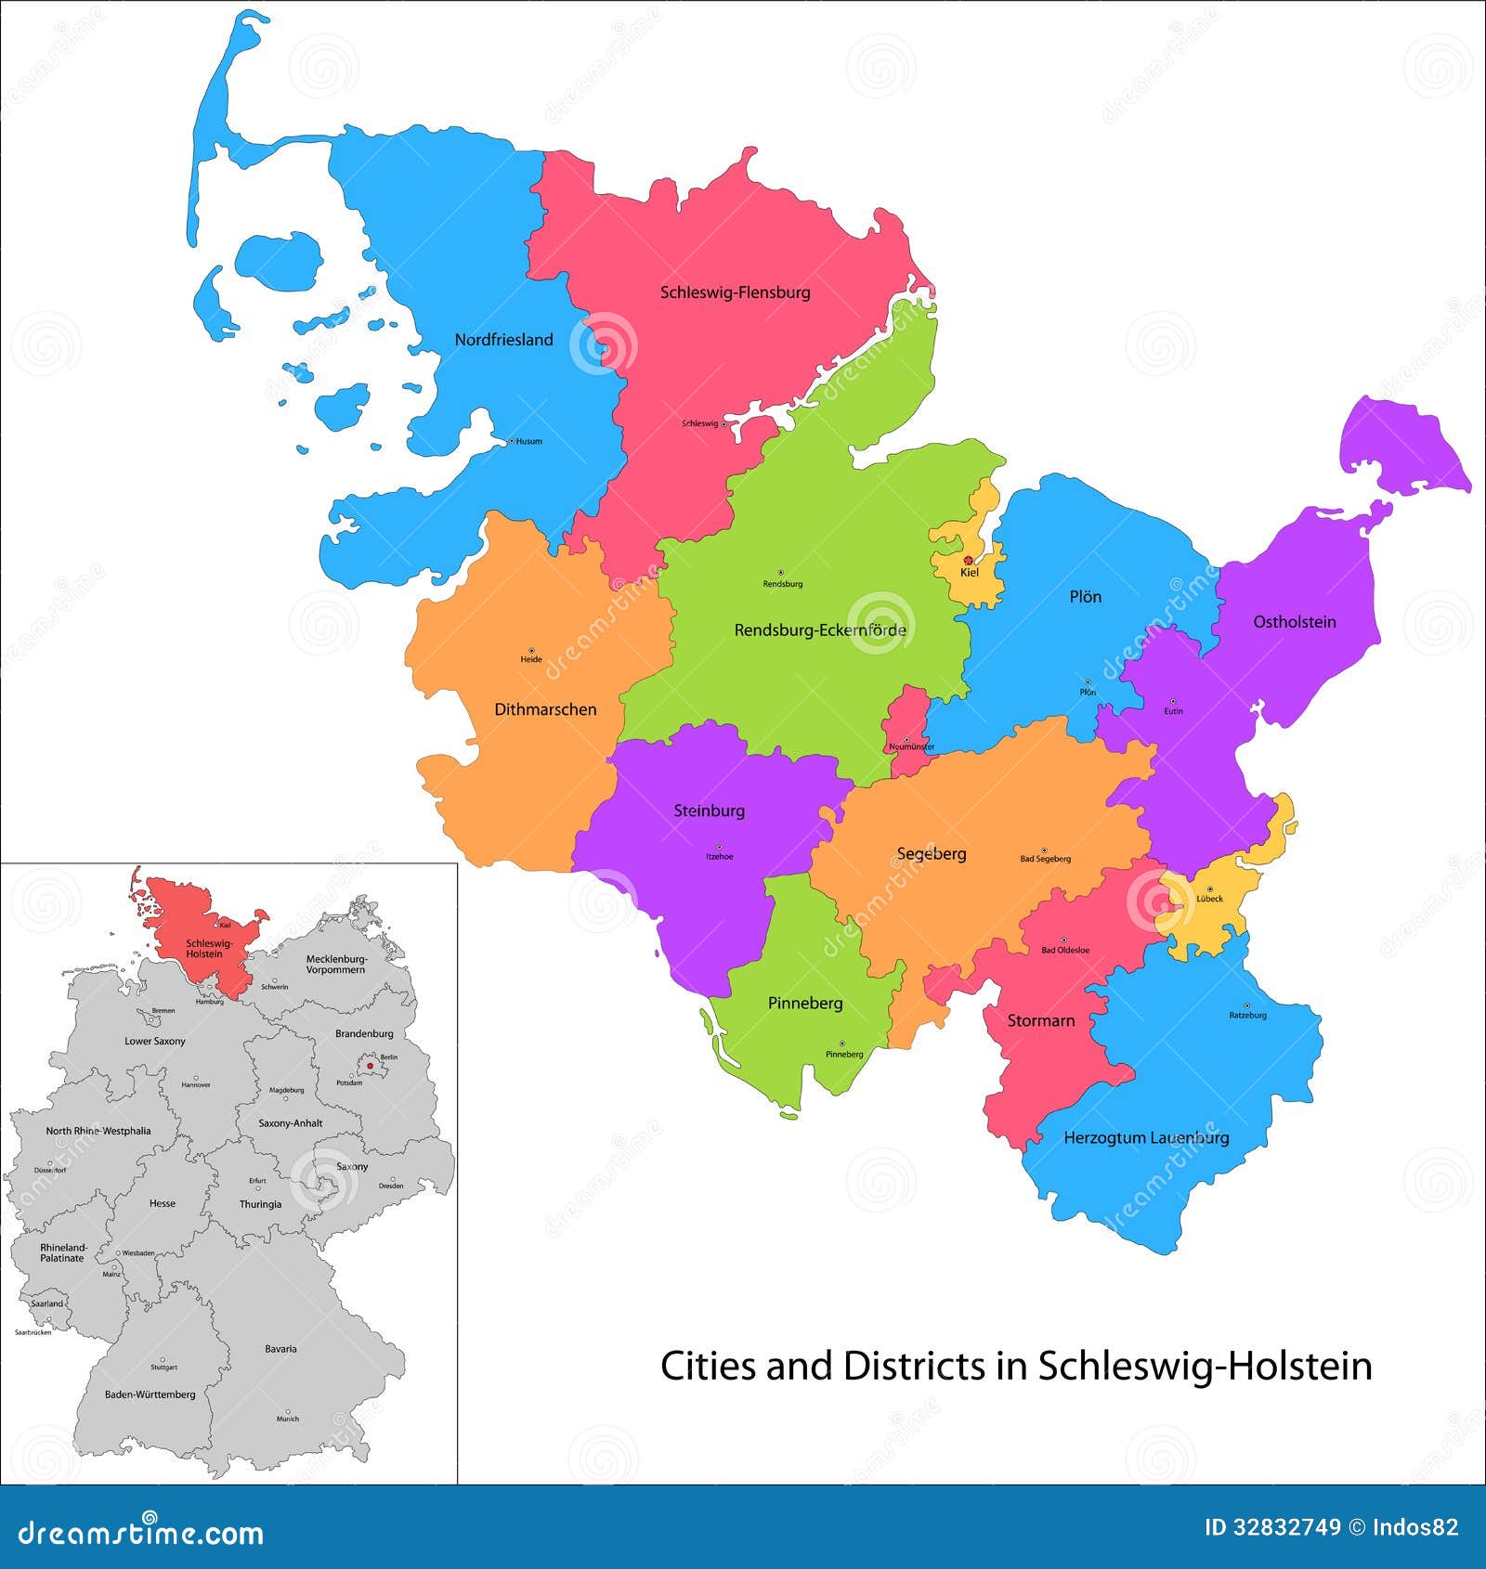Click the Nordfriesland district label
(x=503, y=340)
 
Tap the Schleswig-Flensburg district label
(x=735, y=292)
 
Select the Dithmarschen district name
(x=545, y=709)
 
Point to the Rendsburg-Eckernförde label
(x=820, y=630)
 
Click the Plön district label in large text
(x=1085, y=597)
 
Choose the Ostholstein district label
(x=1294, y=622)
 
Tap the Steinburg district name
(x=709, y=810)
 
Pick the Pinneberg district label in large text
(x=805, y=1003)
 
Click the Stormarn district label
(x=1040, y=1020)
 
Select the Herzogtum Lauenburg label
(x=1146, y=1137)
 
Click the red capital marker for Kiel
(x=968, y=561)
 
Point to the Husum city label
(x=528, y=442)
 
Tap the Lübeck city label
(x=1209, y=899)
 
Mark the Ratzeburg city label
(x=1247, y=1015)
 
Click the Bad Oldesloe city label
(x=1065, y=951)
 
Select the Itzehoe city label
(x=719, y=857)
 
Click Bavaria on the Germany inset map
(x=280, y=1349)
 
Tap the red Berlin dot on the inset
(x=370, y=1066)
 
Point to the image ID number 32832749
(x=1286, y=1527)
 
